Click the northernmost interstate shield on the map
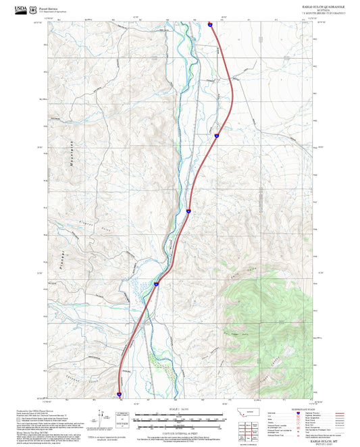point(210,24)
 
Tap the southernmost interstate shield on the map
point(119,393)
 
